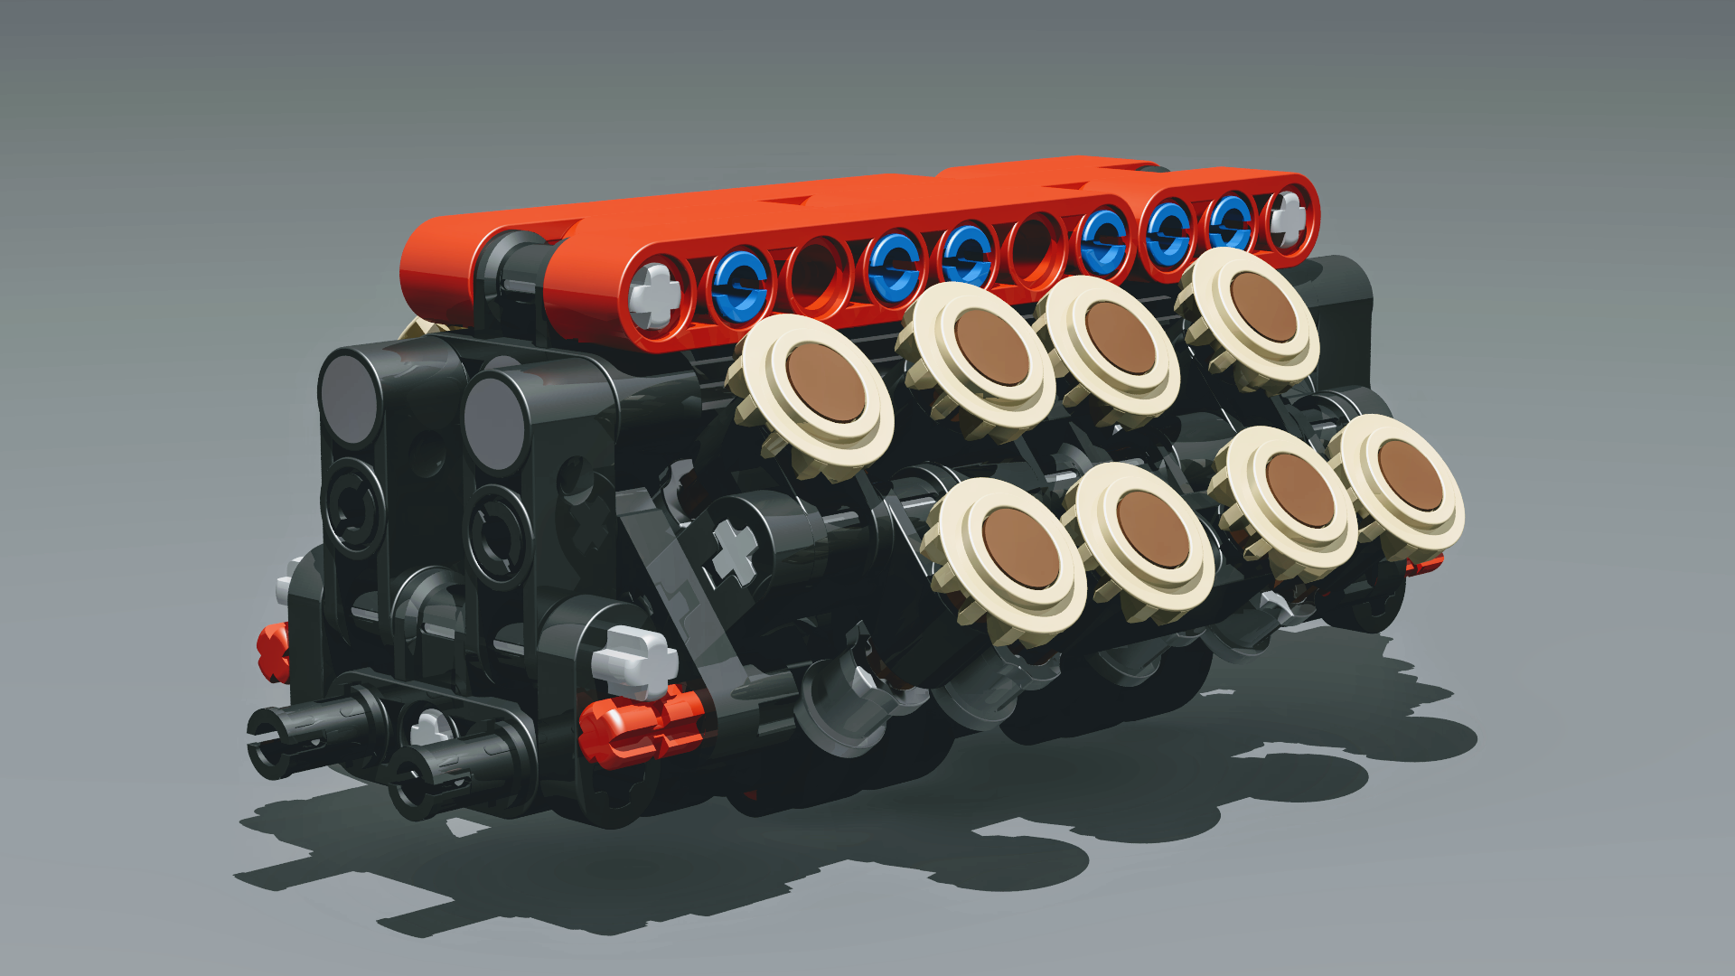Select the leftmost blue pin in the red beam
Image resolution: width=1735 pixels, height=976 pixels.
[739, 286]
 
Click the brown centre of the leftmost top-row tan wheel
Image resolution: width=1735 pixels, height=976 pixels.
[825, 383]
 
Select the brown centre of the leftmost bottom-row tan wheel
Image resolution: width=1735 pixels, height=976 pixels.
[1020, 548]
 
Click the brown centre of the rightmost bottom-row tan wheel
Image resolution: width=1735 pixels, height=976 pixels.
[1410, 476]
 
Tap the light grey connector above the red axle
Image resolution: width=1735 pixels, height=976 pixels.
[636, 662]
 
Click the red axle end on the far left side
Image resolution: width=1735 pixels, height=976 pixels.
[272, 652]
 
